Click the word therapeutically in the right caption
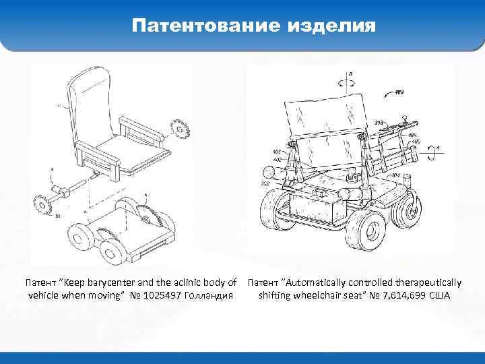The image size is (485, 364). pos(428,282)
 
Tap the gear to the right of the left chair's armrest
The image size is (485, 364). pos(180,128)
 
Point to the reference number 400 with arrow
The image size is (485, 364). pos(399,92)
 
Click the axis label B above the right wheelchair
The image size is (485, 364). pos(349,73)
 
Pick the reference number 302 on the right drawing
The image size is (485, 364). pos(265,183)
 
